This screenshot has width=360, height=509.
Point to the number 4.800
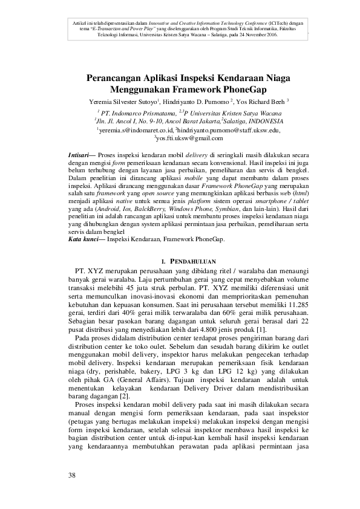pos(191,331)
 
